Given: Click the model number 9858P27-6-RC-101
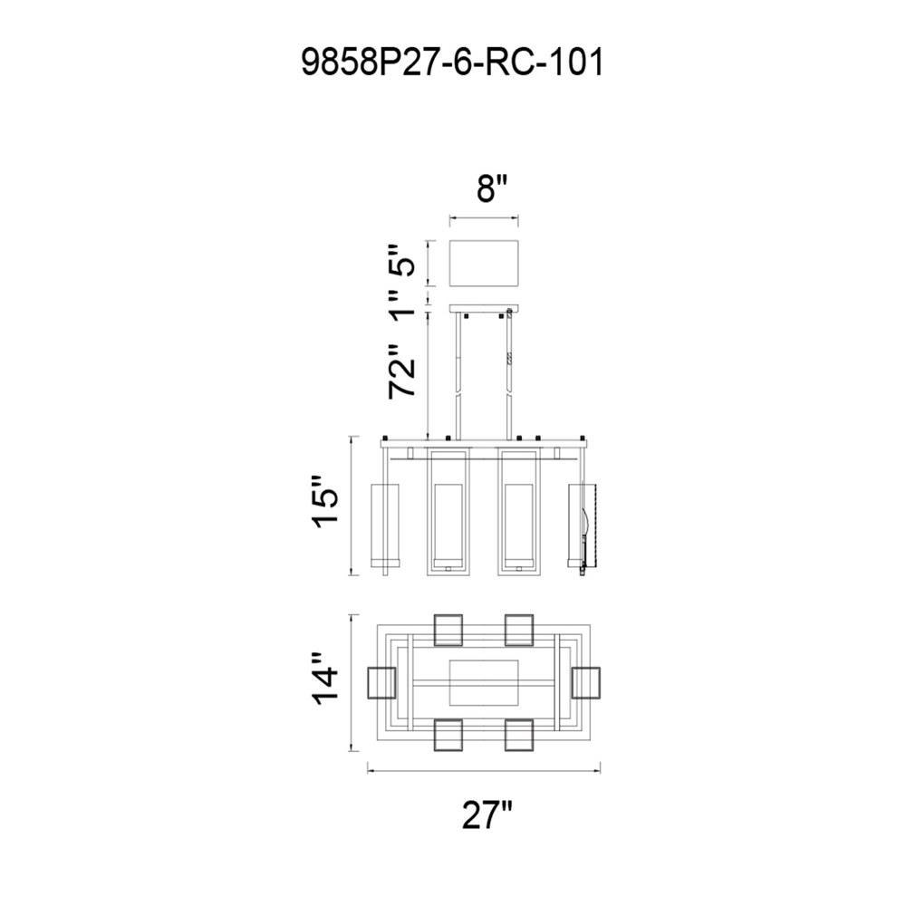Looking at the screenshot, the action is click(452, 63).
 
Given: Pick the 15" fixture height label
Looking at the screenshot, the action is click(325, 501).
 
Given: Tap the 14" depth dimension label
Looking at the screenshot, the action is click(325, 679).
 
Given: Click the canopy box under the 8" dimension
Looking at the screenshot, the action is click(484, 264).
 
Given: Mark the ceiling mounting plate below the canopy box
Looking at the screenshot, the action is click(484, 309).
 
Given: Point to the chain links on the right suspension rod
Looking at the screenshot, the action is click(509, 359).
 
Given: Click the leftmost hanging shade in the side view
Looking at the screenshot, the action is click(384, 525).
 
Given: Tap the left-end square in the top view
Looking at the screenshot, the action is click(382, 683).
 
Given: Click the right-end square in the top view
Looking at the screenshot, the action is click(586, 683).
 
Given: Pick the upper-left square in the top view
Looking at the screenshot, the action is click(448, 630).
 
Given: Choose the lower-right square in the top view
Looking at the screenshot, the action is click(519, 735).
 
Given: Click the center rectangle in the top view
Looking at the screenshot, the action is click(484, 682).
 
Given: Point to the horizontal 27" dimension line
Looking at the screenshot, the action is click(484, 770).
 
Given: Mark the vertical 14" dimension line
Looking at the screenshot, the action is click(352, 683).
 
